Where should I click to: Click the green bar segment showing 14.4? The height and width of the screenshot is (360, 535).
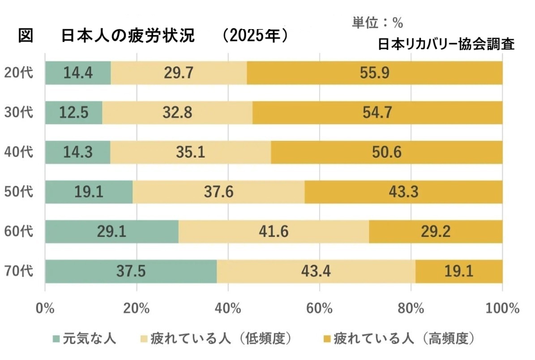click(x=78, y=73)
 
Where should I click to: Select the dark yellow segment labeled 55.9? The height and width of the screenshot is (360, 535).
click(x=374, y=73)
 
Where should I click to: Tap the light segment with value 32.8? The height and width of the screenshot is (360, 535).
click(x=177, y=112)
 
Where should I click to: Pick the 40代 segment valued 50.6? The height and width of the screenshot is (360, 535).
click(x=386, y=152)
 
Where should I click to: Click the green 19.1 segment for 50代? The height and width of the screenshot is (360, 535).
click(x=89, y=192)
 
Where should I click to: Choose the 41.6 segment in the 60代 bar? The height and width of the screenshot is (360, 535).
click(x=274, y=231)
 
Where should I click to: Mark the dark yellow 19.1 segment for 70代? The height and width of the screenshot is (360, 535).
click(x=459, y=271)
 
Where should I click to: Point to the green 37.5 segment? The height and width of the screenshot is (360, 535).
click(x=131, y=271)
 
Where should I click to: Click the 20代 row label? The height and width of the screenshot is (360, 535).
click(x=19, y=73)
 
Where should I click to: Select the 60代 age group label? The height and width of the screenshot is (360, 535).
click(x=19, y=231)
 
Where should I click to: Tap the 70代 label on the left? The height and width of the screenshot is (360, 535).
click(x=19, y=271)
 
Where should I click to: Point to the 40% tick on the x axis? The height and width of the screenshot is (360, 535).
click(x=228, y=309)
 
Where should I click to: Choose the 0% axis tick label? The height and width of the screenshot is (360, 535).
click(x=45, y=309)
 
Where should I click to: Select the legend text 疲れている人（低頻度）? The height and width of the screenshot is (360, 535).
click(x=222, y=339)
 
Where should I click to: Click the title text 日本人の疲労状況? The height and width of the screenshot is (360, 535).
click(x=128, y=36)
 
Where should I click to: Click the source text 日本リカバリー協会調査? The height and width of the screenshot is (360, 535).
click(x=446, y=44)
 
